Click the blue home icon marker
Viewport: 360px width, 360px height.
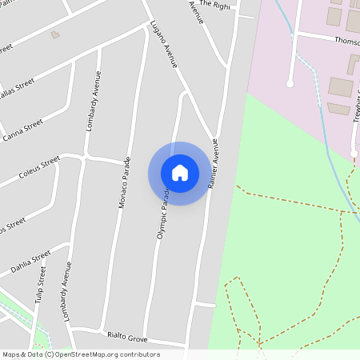coord(180,173)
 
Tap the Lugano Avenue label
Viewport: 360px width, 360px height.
coord(163,44)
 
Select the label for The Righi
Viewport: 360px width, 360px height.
coord(215,4)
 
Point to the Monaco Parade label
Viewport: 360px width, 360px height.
coord(125,182)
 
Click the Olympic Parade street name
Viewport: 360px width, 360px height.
coord(162,213)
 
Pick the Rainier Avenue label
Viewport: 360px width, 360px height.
coord(214,163)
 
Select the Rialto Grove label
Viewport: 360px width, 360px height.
coord(127,336)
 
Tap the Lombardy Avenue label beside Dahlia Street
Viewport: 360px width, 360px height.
coord(68,285)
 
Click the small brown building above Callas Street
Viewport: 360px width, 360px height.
coord(55,34)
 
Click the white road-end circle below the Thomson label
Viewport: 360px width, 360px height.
coord(290,83)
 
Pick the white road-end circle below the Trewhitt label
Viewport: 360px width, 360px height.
coord(354,154)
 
